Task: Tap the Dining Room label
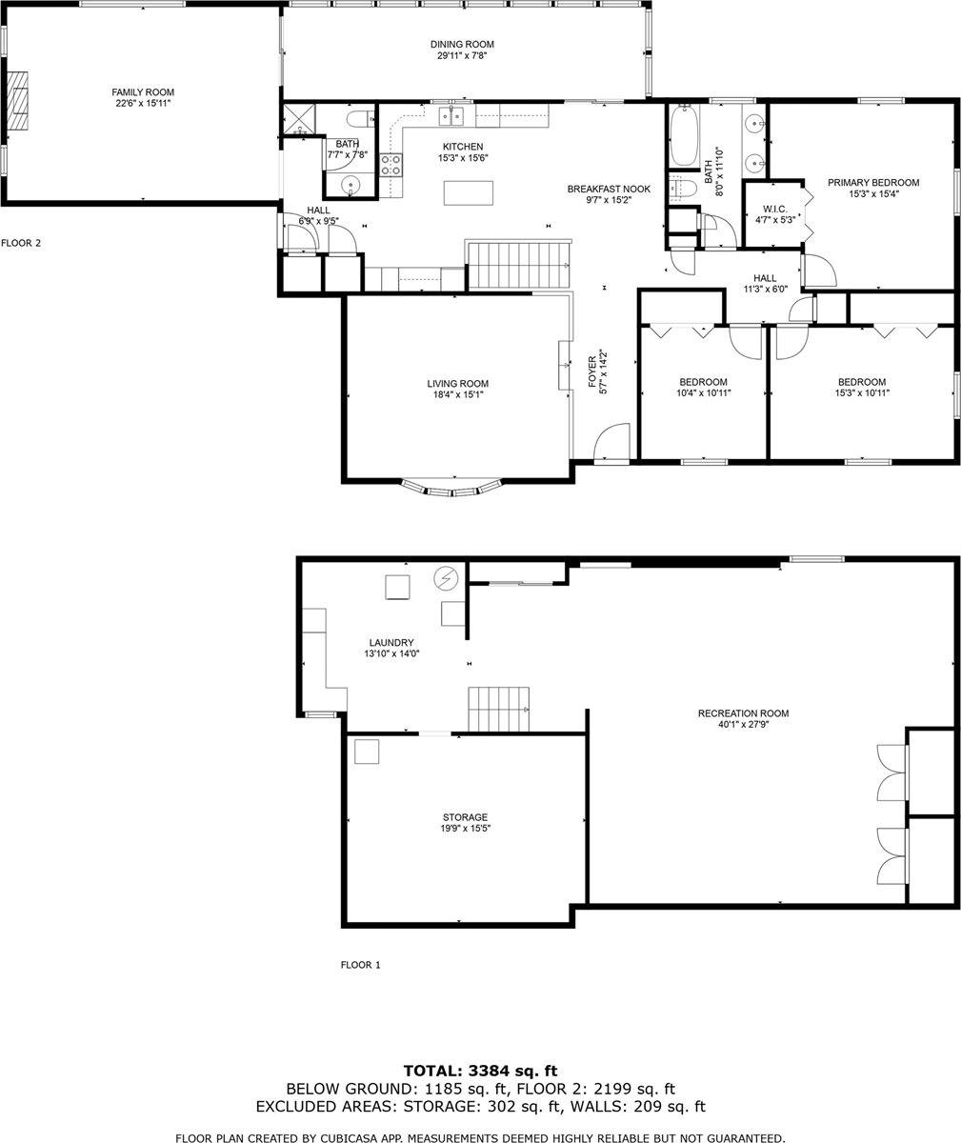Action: [x=462, y=45]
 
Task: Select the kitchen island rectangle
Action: [x=469, y=192]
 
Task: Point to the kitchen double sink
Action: [x=451, y=116]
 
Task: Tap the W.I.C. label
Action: [x=773, y=209]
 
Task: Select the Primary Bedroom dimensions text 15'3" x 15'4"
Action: [x=872, y=193]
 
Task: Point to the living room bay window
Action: [x=451, y=488]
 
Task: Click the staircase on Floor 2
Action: [x=520, y=265]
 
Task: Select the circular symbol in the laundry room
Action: [x=446, y=577]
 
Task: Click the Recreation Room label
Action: [x=743, y=713]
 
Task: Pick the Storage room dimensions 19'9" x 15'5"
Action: [x=465, y=829]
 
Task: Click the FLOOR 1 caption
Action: [x=360, y=965]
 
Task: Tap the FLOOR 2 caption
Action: [x=21, y=243]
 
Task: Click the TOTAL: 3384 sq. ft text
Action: [x=480, y=1071]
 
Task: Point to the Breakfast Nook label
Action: [x=609, y=189]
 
